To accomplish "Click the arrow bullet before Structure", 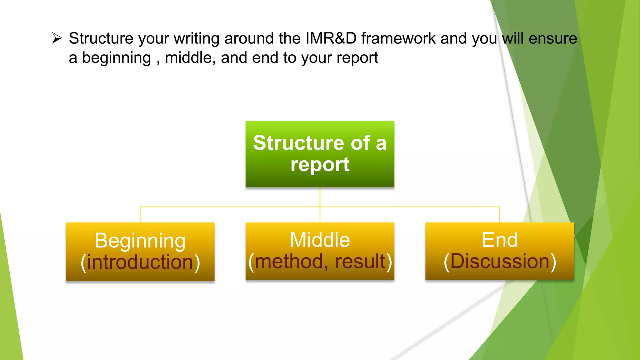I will pyautogui.click(x=57, y=38).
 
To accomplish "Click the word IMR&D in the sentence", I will pyautogui.click(x=331, y=38).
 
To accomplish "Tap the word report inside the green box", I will pyautogui.click(x=320, y=164).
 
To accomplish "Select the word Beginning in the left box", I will pyautogui.click(x=140, y=241).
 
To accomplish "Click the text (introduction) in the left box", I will pyautogui.click(x=140, y=262).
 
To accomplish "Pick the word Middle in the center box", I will pyautogui.click(x=320, y=240).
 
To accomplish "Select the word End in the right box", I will pyautogui.click(x=499, y=240).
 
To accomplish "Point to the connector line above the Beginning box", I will pyautogui.click(x=140, y=215).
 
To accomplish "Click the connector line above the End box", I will pyautogui.click(x=499, y=215).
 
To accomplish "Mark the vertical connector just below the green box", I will pyautogui.click(x=320, y=197).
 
